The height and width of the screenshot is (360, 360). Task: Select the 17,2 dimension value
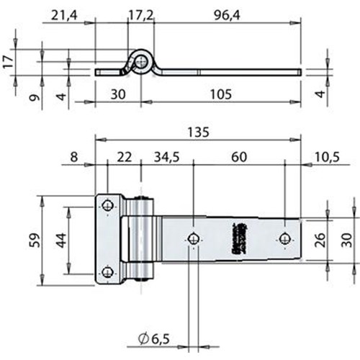point(142,14)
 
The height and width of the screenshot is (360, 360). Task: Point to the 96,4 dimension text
point(228,14)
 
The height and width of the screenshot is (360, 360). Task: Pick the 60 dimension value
point(238,156)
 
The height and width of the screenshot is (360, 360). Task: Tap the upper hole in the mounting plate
point(108,204)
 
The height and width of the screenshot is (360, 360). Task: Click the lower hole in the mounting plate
point(108,271)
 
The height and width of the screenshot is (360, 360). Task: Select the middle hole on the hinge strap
point(193,238)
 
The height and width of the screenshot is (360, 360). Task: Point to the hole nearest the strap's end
point(286,238)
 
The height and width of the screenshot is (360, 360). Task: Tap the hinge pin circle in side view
point(140,63)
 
